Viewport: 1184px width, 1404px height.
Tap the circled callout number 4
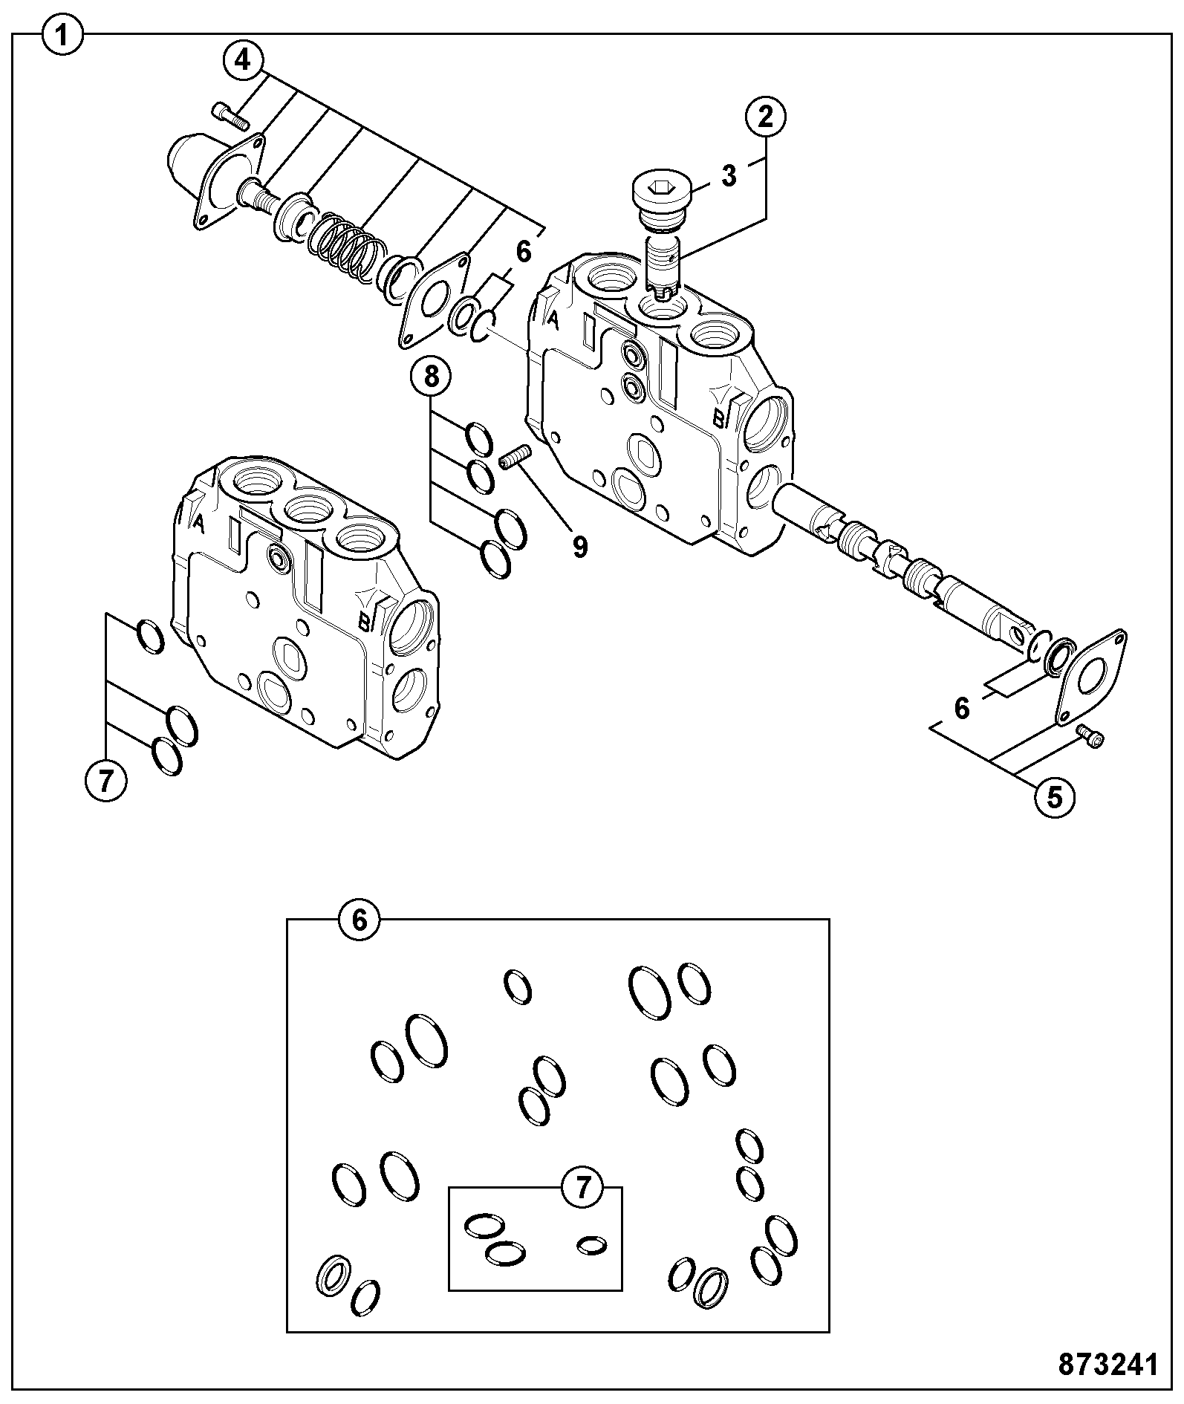pyautogui.click(x=243, y=59)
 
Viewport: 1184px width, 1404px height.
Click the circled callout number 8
pyautogui.click(x=431, y=377)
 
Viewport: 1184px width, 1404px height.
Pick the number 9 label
pyautogui.click(x=580, y=547)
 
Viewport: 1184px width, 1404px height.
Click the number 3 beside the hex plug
pyautogui.click(x=729, y=176)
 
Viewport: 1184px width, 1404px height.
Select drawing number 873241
pyautogui.click(x=1108, y=1364)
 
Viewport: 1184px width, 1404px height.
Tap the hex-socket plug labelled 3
pyautogui.click(x=662, y=202)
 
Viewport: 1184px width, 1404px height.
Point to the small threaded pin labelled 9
pyautogui.click(x=513, y=457)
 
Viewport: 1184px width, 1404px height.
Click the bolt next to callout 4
pyautogui.click(x=230, y=114)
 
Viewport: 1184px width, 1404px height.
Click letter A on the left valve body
pyautogui.click(x=198, y=522)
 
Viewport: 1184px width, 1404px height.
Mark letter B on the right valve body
pyautogui.click(x=718, y=419)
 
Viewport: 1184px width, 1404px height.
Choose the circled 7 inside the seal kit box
pyautogui.click(x=582, y=1187)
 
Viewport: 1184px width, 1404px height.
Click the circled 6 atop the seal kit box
pyautogui.click(x=359, y=920)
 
